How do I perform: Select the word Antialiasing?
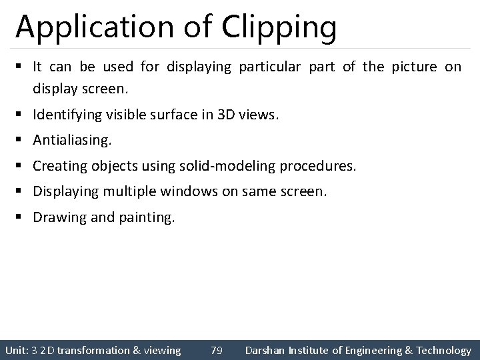click(x=72, y=141)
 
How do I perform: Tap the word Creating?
click(x=58, y=166)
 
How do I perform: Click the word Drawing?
click(x=58, y=217)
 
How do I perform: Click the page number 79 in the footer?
click(x=216, y=350)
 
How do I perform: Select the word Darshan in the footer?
click(x=267, y=350)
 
